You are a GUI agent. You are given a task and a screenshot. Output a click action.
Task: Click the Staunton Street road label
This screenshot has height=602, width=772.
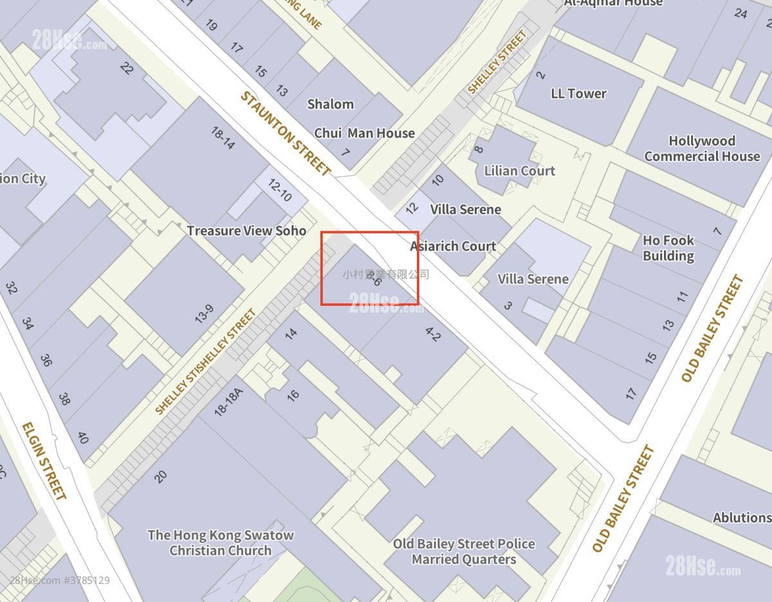click(x=285, y=133)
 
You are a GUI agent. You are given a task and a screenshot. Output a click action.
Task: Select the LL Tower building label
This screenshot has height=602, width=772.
click(x=578, y=93)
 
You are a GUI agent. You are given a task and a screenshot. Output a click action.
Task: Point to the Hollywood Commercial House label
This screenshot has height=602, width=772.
click(x=702, y=149)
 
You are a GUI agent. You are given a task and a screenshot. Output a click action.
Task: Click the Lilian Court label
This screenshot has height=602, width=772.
click(x=519, y=171)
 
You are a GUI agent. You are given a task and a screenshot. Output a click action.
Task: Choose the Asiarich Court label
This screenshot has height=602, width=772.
click(x=453, y=246)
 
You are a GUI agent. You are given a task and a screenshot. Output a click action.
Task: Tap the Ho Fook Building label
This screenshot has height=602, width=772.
click(x=668, y=248)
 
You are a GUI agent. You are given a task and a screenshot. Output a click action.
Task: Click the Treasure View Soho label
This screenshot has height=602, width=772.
click(x=246, y=230)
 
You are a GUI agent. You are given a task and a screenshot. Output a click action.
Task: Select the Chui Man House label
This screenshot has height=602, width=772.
click(x=364, y=133)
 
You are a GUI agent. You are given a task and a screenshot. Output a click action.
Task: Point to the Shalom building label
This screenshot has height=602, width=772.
click(x=330, y=104)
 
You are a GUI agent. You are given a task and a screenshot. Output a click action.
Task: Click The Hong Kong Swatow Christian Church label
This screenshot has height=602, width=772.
click(x=220, y=542)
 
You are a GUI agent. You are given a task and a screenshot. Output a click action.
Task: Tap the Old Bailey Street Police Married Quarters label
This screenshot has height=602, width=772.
click(x=464, y=551)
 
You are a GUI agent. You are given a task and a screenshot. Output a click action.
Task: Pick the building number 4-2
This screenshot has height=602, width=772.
click(x=433, y=334)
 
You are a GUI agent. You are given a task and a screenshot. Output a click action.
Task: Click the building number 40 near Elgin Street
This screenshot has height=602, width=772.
click(x=83, y=438)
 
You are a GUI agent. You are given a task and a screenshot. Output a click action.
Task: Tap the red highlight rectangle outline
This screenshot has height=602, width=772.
click(x=370, y=232)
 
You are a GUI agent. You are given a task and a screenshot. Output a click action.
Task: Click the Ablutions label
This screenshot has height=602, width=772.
click(x=741, y=518)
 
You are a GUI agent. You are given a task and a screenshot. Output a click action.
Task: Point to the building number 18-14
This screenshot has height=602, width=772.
click(x=223, y=138)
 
